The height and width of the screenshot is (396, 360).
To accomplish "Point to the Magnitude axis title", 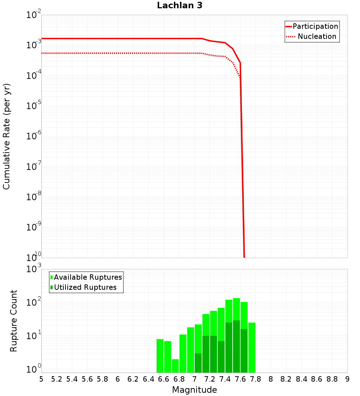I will click(194, 390).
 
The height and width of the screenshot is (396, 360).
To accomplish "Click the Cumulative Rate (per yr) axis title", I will click(6, 136).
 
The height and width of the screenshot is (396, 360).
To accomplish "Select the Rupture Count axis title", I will click(14, 321).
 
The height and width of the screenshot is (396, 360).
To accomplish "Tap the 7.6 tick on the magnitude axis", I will click(240, 379).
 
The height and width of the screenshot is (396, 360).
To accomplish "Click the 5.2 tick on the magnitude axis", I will click(57, 379).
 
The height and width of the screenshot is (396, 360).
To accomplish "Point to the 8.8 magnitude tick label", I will click(332, 379).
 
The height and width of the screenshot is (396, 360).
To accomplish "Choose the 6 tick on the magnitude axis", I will click(118, 379).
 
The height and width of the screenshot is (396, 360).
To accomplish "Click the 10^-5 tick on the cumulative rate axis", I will click(35, 106).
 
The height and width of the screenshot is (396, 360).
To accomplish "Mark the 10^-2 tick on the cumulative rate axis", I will click(35, 15).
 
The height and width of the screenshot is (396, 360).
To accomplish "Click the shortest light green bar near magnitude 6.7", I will click(175, 366).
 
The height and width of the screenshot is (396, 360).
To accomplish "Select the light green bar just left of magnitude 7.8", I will click(252, 347).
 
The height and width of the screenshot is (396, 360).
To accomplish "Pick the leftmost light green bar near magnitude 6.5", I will click(160, 356).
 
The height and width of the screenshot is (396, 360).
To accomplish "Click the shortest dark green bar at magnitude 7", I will click(198, 363).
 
